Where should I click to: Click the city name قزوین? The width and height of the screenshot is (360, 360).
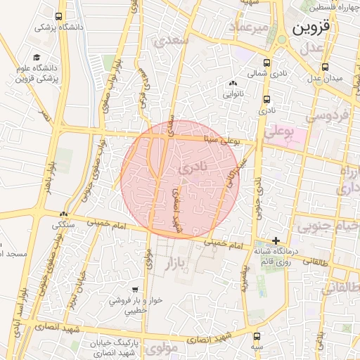[x=311, y=30]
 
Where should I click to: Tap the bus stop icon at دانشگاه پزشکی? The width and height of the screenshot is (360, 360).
[x=58, y=16]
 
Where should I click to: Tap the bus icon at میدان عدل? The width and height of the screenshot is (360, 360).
[x=324, y=67]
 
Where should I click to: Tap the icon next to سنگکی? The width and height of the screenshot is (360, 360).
[x=64, y=214]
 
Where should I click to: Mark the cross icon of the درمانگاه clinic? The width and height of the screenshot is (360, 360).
[x=276, y=240]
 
